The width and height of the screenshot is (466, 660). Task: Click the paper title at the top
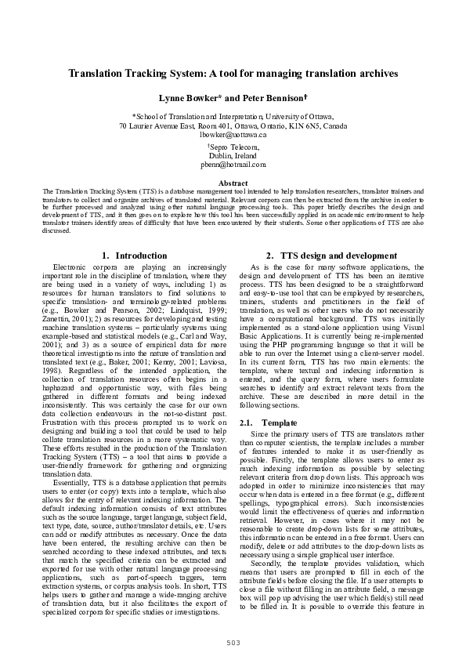(x=233, y=73)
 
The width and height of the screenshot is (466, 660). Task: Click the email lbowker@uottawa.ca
(x=233, y=134)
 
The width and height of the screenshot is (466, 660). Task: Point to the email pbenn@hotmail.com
(x=233, y=165)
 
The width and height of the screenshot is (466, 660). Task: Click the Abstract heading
(x=233, y=183)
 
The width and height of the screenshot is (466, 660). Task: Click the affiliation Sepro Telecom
(x=234, y=147)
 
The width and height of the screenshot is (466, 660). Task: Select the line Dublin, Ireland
(x=233, y=155)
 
